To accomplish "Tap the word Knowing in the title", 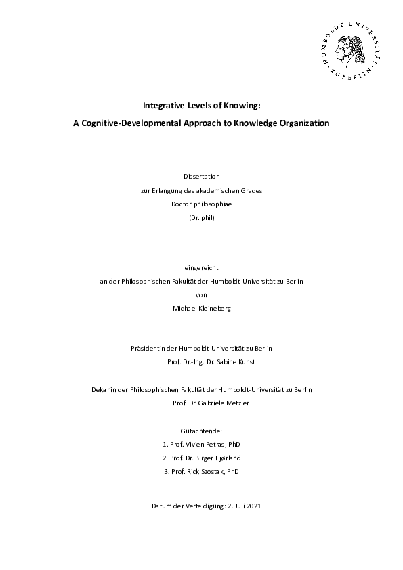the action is point(242,105).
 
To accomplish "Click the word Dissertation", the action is point(201,176).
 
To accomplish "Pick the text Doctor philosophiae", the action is point(201,203).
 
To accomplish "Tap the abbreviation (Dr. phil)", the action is point(201,217).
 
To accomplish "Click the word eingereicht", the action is point(201,267).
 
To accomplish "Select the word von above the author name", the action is point(201,294).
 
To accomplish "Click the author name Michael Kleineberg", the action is point(201,308).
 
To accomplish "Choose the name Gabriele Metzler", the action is point(220,403).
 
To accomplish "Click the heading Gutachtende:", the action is point(201,431).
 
